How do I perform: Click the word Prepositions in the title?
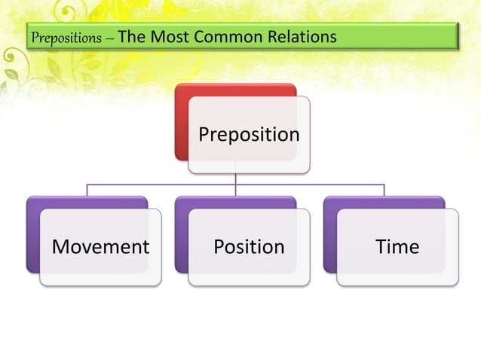(66, 38)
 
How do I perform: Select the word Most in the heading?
(170, 36)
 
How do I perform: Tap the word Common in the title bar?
(228, 36)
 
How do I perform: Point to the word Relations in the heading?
(302, 36)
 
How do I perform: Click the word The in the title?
(132, 36)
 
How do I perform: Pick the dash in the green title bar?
(109, 39)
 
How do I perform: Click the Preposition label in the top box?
(249, 134)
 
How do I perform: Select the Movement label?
(100, 246)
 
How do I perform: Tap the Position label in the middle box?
(249, 246)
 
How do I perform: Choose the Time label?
(397, 246)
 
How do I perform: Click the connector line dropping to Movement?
(87, 191)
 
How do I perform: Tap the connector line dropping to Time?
(384, 191)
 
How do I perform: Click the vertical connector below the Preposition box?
(235, 185)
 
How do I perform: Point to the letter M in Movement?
(60, 246)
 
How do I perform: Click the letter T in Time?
(381, 246)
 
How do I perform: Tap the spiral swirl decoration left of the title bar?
(10, 56)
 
